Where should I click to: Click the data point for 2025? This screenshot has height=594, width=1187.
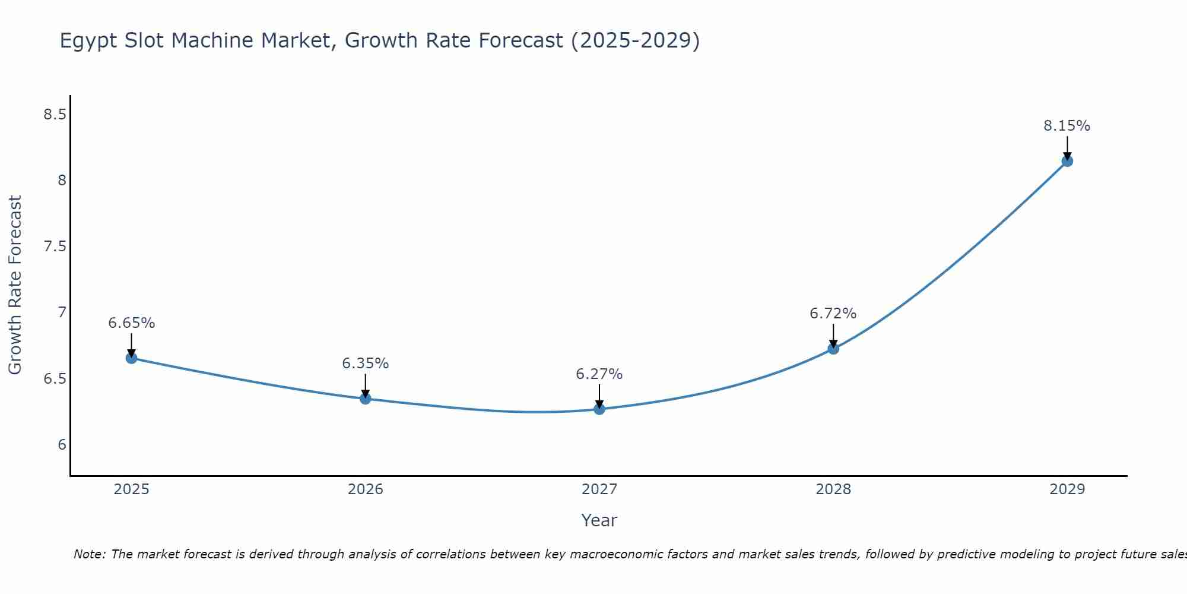pos(131,358)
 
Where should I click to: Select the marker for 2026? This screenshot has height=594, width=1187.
pos(366,399)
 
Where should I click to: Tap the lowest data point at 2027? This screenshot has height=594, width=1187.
pos(599,409)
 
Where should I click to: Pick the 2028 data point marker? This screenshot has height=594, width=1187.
pos(833,349)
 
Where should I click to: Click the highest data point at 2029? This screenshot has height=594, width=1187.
pos(1067,161)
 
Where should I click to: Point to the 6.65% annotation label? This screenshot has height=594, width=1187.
pos(131,323)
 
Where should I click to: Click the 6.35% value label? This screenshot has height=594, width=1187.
pos(366,364)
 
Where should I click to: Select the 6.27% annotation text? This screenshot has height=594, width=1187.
pos(599,374)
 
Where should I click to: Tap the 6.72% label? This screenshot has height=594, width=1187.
pos(833,314)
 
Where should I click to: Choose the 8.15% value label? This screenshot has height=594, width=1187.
pos(1067,126)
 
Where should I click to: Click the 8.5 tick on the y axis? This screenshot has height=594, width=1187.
pos(55,115)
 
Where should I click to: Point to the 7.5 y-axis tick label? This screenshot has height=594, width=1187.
pos(55,247)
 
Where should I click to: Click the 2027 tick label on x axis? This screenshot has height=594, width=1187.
pos(599,489)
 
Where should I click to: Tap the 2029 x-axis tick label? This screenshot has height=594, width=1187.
pos(1067,489)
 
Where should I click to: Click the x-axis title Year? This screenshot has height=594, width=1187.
pos(599,520)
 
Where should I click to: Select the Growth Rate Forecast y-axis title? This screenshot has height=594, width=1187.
pos(15,285)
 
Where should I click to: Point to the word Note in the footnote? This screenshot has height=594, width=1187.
pos(88,554)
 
